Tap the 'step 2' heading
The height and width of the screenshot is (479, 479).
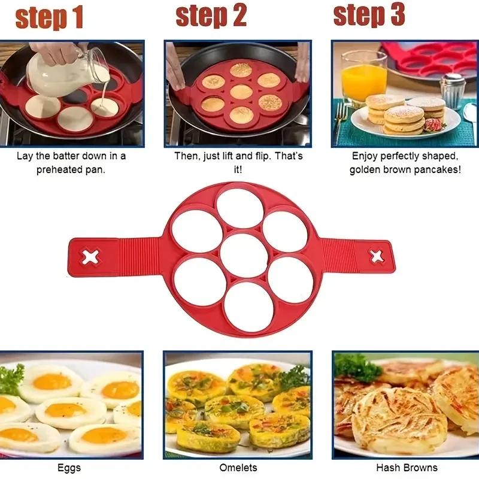[x=211, y=16]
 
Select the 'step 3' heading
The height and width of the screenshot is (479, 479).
[x=369, y=15]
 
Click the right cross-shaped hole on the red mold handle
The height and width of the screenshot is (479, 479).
[x=377, y=256]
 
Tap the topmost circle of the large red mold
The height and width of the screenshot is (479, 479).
[x=239, y=208]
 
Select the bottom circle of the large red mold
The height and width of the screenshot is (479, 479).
[x=250, y=306]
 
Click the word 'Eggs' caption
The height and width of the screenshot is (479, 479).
[x=69, y=468]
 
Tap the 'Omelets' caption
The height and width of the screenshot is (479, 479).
[x=238, y=468]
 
